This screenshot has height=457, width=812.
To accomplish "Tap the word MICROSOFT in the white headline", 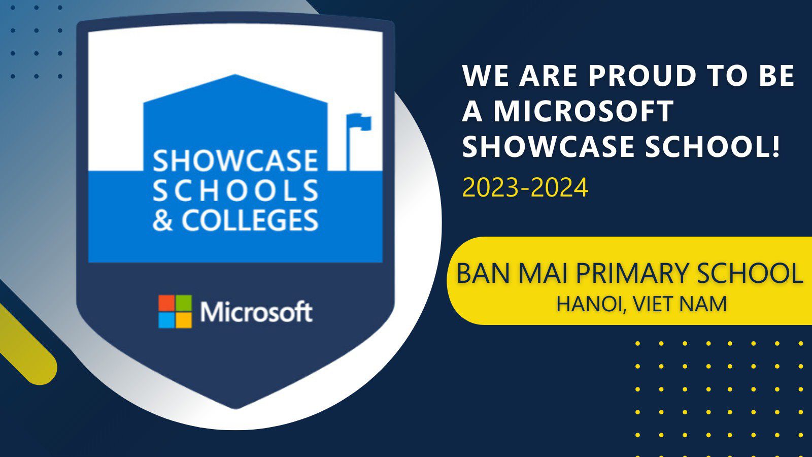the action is coord(584,111).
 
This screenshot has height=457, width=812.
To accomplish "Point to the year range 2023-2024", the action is coord(525,187).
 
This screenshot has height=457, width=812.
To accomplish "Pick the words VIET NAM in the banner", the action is coord(680,304).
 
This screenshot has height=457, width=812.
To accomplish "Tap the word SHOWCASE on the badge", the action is coord(235,161).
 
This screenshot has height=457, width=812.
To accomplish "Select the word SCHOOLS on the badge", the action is coord(235,190).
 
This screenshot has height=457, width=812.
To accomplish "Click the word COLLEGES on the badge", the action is coord(250,220).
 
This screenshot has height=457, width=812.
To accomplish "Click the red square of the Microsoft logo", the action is coord(166,303).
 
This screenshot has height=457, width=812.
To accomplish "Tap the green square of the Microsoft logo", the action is coord(183,303).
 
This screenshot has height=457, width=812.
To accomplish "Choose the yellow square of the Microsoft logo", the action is coord(183,320).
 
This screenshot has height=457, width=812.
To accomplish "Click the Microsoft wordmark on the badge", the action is coord(256,312).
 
